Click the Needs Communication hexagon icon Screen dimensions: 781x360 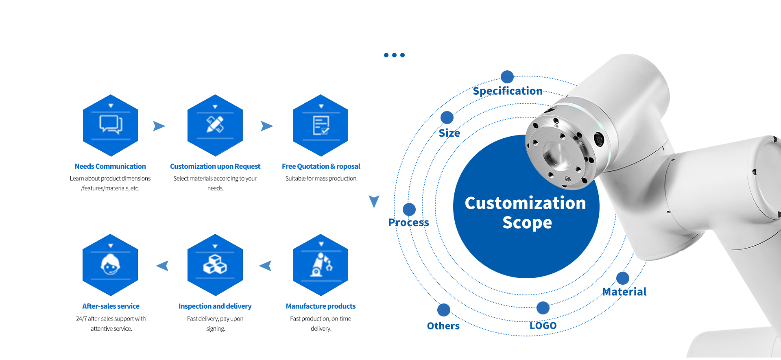(111, 125)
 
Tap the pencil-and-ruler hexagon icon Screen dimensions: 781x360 (215, 125)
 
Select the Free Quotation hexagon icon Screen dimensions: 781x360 (321, 125)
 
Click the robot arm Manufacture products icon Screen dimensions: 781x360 (321, 265)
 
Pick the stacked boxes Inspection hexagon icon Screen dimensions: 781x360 (215, 265)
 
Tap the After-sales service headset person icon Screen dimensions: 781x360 (110, 265)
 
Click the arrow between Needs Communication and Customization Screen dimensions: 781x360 (159, 126)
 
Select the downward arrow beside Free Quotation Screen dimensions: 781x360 (374, 201)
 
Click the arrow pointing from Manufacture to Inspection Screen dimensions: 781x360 (266, 266)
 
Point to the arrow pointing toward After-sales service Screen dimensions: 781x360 (162, 266)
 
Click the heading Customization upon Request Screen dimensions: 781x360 (215, 166)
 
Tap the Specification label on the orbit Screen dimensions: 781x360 (508, 91)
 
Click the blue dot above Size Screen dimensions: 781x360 (447, 118)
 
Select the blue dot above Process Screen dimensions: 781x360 (409, 209)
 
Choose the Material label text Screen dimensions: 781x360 (624, 292)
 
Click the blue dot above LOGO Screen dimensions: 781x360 (543, 308)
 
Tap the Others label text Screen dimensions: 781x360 (443, 326)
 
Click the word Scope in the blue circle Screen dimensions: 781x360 (527, 223)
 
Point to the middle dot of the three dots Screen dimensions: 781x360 (394, 55)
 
